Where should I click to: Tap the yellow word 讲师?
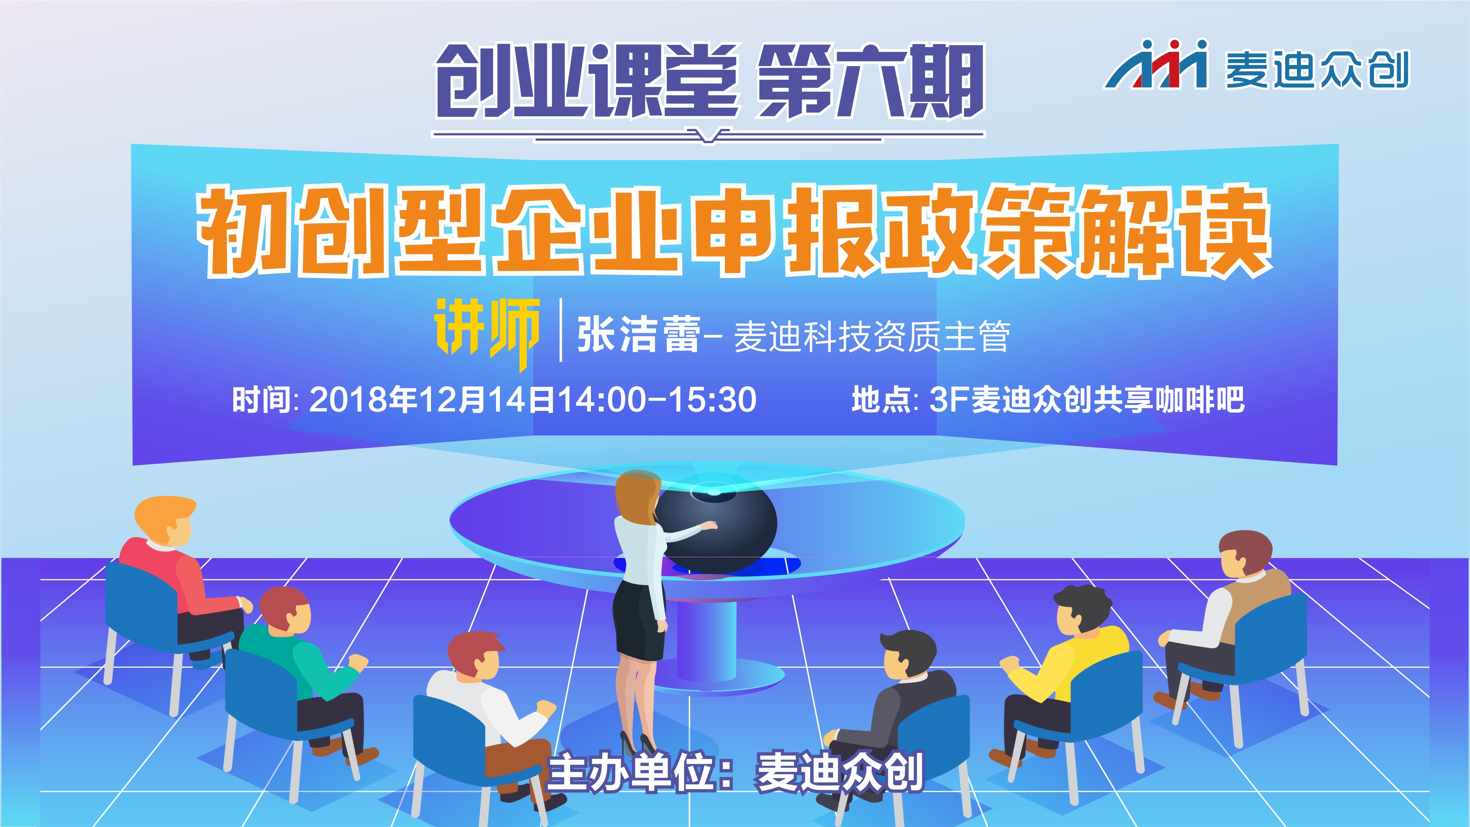[487, 332]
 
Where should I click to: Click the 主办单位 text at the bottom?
[630, 773]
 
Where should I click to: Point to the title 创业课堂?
[588, 81]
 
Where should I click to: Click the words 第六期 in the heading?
[870, 81]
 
